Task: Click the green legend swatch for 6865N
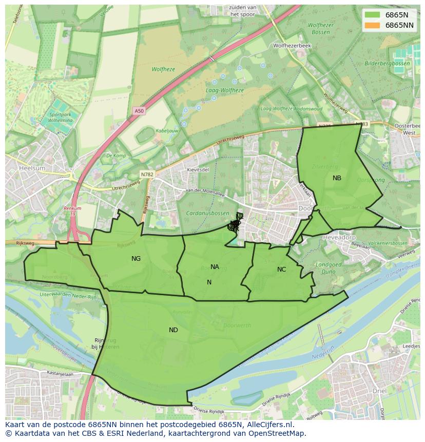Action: [373, 15]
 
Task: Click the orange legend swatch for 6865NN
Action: [373, 25]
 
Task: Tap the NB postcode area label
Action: [337, 178]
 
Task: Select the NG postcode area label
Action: [136, 259]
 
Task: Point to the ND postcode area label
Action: [173, 330]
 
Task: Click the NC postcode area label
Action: [281, 270]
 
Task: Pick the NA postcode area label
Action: [215, 267]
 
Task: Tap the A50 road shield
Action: [139, 110]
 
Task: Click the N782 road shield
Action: [147, 175]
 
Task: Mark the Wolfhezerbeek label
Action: [292, 46]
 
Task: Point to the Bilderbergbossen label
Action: [388, 64]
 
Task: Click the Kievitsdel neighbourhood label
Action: [198, 169]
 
